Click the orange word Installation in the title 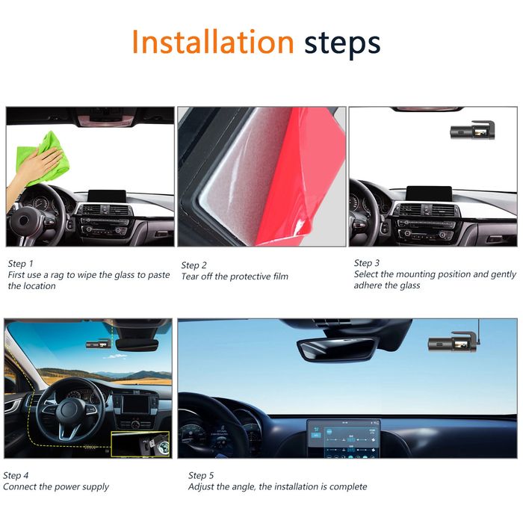point(213,43)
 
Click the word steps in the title point(342,43)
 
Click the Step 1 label point(21,264)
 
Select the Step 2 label point(194,265)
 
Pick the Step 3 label point(367,263)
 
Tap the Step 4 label point(16,475)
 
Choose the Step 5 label point(202,475)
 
